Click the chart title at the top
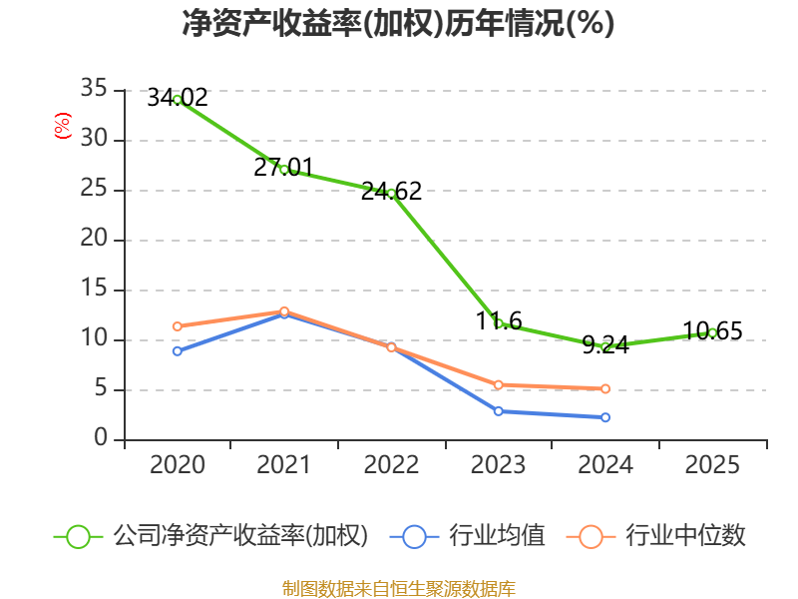click(x=398, y=23)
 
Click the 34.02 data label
click(x=178, y=97)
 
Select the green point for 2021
click(x=284, y=170)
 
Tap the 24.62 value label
click(x=391, y=192)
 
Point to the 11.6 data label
click(x=499, y=321)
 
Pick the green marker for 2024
click(x=605, y=347)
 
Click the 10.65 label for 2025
click(x=712, y=331)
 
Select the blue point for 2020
click(x=178, y=351)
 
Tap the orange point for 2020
click(x=178, y=326)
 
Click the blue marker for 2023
click(x=499, y=411)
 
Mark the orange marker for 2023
click(x=499, y=385)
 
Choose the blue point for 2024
click(x=605, y=417)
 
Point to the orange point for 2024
click(x=605, y=389)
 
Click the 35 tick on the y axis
click(x=94, y=89)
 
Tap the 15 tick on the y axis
click(x=94, y=289)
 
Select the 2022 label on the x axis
click(x=391, y=465)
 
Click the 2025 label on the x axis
click(x=712, y=465)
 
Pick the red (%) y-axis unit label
click(x=63, y=126)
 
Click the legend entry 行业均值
click(x=467, y=536)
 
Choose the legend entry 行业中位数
click(x=656, y=536)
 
